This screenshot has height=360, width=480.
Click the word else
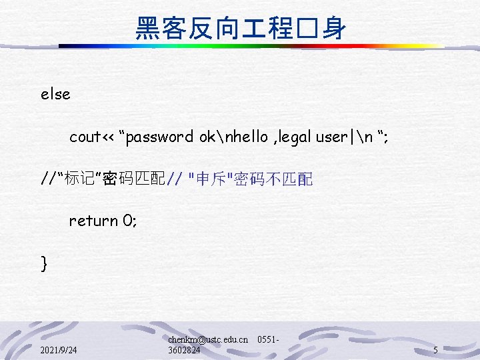pyautogui.click(x=55, y=95)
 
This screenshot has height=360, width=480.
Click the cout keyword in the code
pyautogui.click(x=85, y=137)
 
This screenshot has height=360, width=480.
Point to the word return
pyautogui.click(x=93, y=221)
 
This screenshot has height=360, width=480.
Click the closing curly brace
pyautogui.click(x=44, y=263)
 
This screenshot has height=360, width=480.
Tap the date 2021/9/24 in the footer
pyautogui.click(x=58, y=350)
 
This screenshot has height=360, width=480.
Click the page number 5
pyautogui.click(x=435, y=350)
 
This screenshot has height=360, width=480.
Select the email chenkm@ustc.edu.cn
pyautogui.click(x=208, y=339)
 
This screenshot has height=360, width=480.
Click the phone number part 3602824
pyautogui.click(x=184, y=350)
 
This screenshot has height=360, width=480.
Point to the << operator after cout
pyautogui.click(x=107, y=137)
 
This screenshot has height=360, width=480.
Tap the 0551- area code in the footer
pyautogui.click(x=267, y=339)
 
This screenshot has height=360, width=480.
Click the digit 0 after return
pyautogui.click(x=131, y=221)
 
